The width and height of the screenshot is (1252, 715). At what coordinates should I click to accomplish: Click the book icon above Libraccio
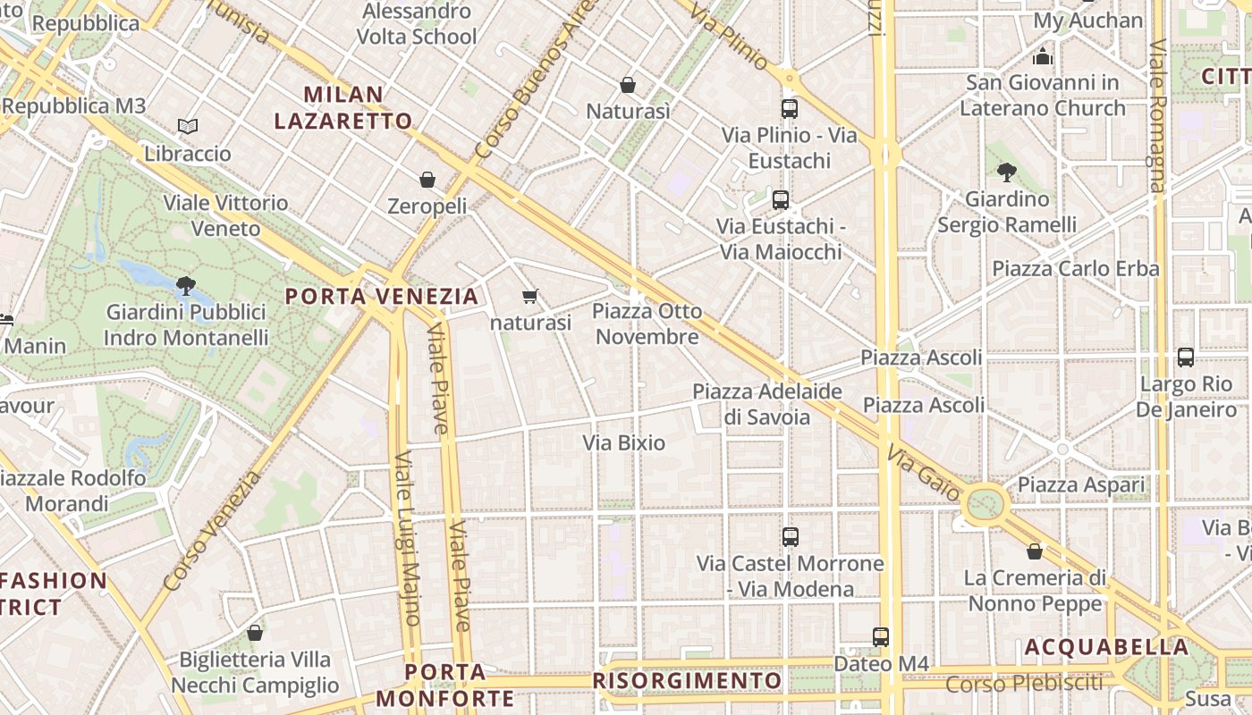(x=187, y=127)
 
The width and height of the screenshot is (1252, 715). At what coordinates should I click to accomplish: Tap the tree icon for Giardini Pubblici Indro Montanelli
(x=186, y=286)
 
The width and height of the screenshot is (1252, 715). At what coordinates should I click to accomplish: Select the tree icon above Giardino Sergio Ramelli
(x=1006, y=172)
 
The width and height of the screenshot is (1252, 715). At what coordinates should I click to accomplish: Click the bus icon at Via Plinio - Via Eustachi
(x=789, y=109)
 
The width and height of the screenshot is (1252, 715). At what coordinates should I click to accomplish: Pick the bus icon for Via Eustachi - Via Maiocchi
(x=781, y=199)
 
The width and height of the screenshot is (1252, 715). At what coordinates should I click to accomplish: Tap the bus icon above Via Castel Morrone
(x=790, y=537)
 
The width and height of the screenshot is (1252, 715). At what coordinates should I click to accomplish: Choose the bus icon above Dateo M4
(x=881, y=637)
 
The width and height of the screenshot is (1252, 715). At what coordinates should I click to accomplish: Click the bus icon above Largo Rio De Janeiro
(x=1186, y=357)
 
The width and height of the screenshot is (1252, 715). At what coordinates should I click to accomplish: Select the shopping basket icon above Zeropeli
(x=427, y=180)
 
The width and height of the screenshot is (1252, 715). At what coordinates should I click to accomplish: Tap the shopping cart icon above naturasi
(x=530, y=296)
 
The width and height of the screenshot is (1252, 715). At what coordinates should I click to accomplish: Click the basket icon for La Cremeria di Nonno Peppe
(x=1035, y=551)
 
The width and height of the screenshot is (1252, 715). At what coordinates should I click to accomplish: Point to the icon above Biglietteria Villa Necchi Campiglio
(x=255, y=633)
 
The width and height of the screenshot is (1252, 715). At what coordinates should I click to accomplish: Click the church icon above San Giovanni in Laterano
(x=1042, y=57)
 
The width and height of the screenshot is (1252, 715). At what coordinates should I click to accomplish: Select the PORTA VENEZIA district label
(x=382, y=296)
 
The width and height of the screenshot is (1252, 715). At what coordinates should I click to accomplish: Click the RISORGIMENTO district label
(x=687, y=681)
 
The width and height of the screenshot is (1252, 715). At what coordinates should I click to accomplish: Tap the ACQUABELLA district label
(x=1106, y=647)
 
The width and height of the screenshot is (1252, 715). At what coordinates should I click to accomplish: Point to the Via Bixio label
(x=624, y=442)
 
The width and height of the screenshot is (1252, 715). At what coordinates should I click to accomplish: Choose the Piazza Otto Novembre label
(x=647, y=324)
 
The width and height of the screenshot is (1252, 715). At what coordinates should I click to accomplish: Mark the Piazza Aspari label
(x=1081, y=485)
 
